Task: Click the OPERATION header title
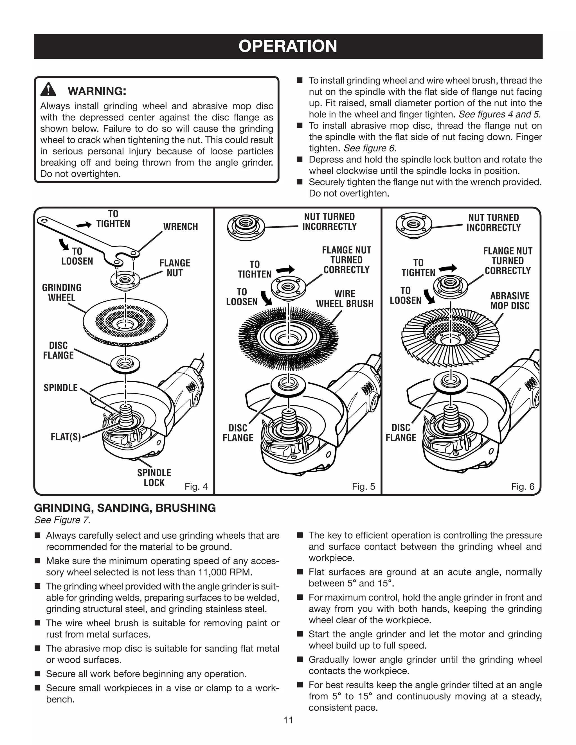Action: click(x=288, y=46)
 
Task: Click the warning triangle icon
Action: click(x=48, y=90)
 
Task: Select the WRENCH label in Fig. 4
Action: click(x=180, y=227)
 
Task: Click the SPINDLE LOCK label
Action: click(x=154, y=478)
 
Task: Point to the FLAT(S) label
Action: click(x=66, y=437)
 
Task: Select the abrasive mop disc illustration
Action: click(x=451, y=338)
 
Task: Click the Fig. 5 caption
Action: click(x=363, y=486)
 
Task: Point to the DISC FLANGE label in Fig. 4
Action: click(x=58, y=350)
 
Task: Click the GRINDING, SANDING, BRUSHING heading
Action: click(x=125, y=508)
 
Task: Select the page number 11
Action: click(x=288, y=720)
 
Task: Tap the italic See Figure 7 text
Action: click(x=62, y=520)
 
